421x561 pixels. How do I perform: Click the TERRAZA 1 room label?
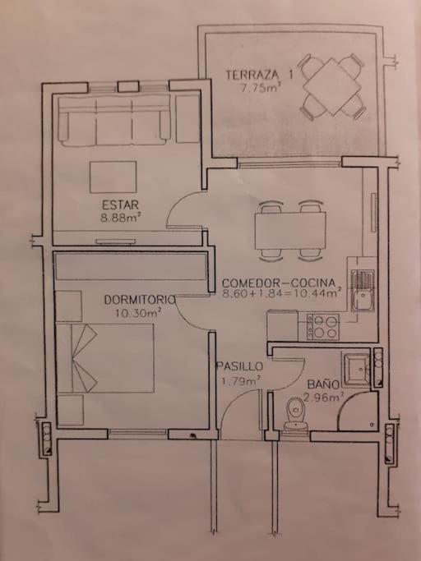pos(259,75)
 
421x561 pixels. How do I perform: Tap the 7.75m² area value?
pos(259,87)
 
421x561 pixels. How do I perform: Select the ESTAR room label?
pos(120,205)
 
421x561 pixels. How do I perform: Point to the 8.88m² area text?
pos(120,218)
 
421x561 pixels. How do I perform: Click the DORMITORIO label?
pos(140,300)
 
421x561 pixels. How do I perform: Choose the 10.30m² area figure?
pos(137,313)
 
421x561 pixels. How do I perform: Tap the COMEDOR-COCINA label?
pos(279,283)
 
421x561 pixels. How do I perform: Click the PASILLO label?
pos(239,366)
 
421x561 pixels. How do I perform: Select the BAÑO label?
pos(323,384)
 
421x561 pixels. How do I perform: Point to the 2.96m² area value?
pos(324,397)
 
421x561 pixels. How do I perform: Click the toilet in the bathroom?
pos(295,414)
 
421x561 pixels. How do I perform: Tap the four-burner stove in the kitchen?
pos(323,326)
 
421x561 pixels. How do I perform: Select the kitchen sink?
pos(363,291)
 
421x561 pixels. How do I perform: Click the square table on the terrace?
pos(332,87)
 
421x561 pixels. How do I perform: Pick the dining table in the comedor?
pos(290,231)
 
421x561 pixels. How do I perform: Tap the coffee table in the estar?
pos(113,177)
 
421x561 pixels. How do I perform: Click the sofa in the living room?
pos(114,121)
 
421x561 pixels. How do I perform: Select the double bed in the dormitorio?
pos(105,358)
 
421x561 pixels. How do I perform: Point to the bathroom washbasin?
pos(357,370)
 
